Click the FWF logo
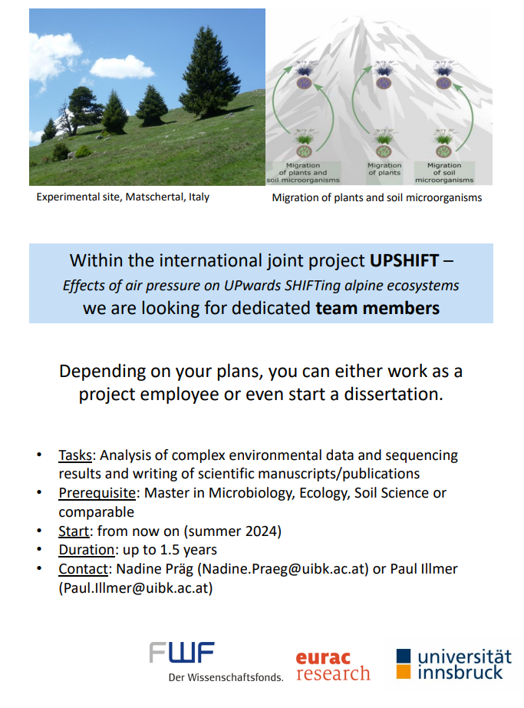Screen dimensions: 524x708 [216, 661]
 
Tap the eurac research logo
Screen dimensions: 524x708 [333, 666]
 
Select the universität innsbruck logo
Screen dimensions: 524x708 [454, 664]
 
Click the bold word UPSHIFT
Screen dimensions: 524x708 [404, 260]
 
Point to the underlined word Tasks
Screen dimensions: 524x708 [75, 455]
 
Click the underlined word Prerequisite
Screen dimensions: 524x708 [97, 493]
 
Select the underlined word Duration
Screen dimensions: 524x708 [87, 550]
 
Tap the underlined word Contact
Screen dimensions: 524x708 [84, 569]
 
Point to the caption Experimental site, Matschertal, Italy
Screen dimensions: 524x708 [123, 197]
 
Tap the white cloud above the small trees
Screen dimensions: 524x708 [121, 67]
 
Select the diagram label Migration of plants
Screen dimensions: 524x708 [384, 169]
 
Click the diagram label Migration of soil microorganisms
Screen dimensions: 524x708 [444, 173]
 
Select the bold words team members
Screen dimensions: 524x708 [377, 308]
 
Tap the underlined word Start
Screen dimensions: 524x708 [74, 531]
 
